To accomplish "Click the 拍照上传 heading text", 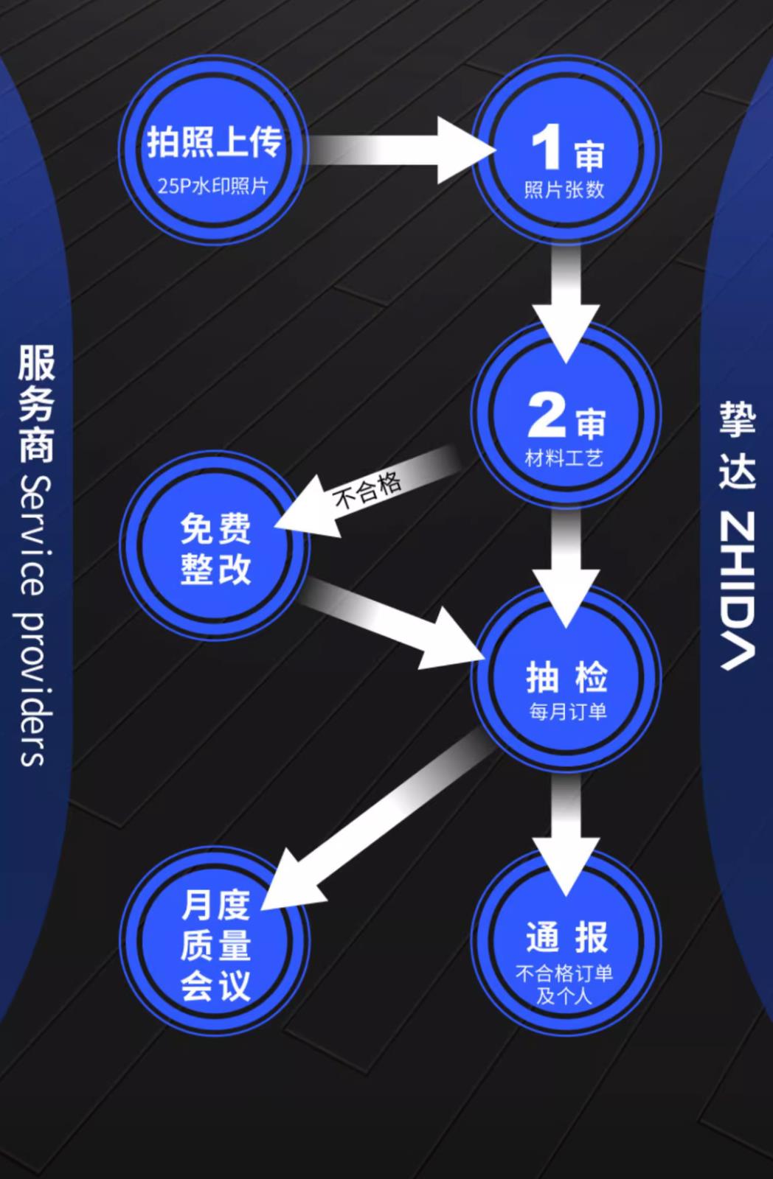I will [214, 141].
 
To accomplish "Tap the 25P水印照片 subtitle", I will [213, 186].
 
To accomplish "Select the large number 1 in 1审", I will [547, 149].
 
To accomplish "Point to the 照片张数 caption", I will [564, 190].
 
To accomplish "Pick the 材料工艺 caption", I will [564, 458].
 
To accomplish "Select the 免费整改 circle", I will [215, 547].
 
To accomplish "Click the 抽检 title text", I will [566, 676].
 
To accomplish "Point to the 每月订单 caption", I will [567, 712].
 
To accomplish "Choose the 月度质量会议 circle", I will [215, 945].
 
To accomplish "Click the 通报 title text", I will [566, 937].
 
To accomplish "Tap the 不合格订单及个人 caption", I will [564, 984].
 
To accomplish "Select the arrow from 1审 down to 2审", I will [566, 295].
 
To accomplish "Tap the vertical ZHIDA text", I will [738, 589].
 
